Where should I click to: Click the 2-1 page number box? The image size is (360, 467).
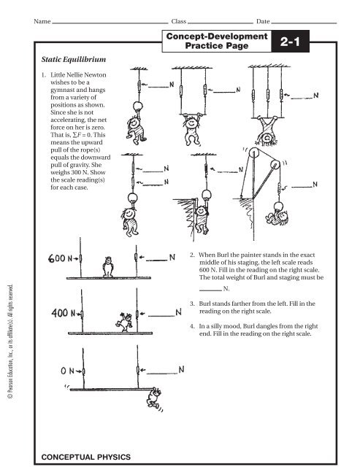pyautogui.click(x=290, y=41)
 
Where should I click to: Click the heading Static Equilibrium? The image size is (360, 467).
pyautogui.click(x=74, y=59)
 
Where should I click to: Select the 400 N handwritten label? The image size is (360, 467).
pyautogui.click(x=64, y=313)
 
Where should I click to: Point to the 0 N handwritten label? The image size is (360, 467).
pyautogui.click(x=67, y=371)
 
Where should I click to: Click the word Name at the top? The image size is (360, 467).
pyautogui.click(x=42, y=21)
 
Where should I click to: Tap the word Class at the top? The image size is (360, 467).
pyautogui.click(x=178, y=21)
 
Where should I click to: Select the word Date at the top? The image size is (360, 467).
pyautogui.click(x=263, y=21)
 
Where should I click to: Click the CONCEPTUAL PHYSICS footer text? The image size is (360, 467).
pyautogui.click(x=86, y=457)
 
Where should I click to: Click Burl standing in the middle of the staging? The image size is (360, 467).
pyautogui.click(x=108, y=267)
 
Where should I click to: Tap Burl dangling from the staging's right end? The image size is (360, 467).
pyautogui.click(x=154, y=398)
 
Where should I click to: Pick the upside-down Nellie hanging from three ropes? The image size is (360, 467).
pyautogui.click(x=267, y=131)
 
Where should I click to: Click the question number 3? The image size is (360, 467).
pyautogui.click(x=192, y=304)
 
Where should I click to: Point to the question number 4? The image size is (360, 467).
pyautogui.click(x=192, y=326)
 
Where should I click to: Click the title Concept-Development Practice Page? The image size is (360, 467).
pyautogui.click(x=217, y=41)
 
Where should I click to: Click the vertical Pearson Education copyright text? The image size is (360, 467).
pyautogui.click(x=10, y=341)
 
